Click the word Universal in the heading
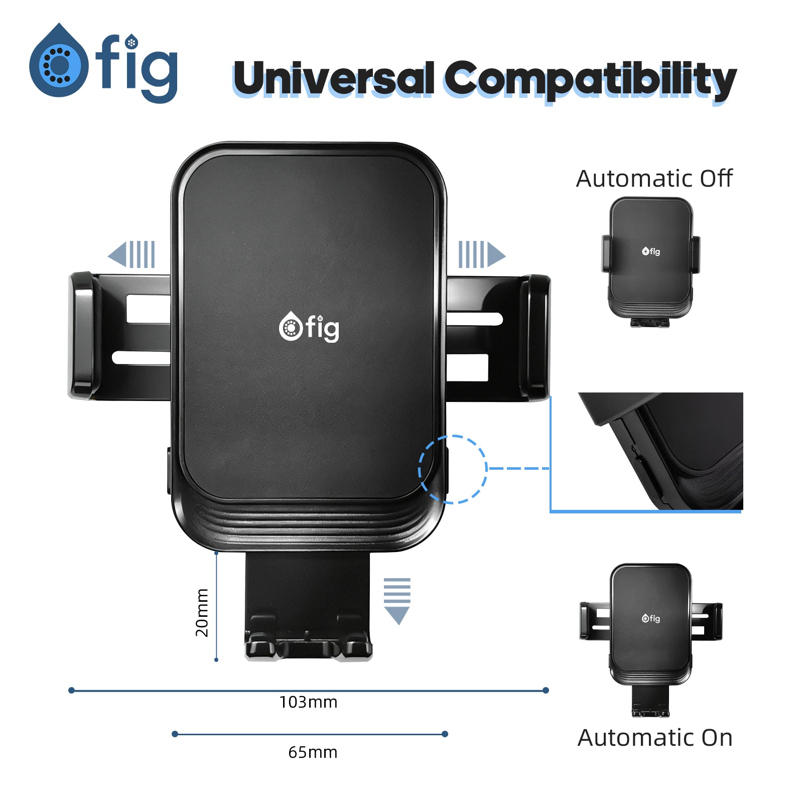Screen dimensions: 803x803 [333, 78]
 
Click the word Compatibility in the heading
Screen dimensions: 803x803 [590, 79]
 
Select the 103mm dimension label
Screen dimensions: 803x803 [308, 702]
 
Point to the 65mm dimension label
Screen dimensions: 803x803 [313, 752]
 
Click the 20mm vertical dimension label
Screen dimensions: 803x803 [202, 613]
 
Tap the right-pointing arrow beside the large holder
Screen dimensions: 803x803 [481, 254]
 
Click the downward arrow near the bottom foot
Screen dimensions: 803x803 [397, 601]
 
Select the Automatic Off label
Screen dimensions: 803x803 [654, 179]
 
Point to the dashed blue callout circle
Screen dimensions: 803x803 [453, 469]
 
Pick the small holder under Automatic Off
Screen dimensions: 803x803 [651, 261]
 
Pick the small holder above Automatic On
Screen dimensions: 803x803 [651, 637]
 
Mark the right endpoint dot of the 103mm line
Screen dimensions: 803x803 [546, 691]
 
